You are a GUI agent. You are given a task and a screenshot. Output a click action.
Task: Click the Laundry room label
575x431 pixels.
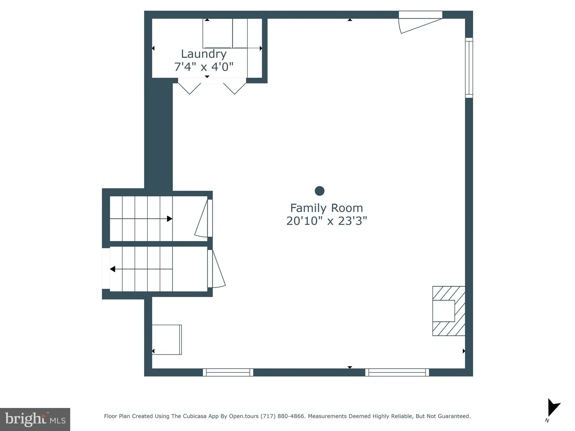[204, 54]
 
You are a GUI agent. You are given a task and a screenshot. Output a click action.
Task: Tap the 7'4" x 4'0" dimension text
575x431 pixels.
[204, 67]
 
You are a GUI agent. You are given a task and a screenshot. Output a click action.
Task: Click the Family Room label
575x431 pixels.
[326, 208]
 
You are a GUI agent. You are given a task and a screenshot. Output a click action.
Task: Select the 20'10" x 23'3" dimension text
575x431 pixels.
[326, 221]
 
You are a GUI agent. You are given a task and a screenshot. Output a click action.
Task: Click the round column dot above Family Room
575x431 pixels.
[320, 191]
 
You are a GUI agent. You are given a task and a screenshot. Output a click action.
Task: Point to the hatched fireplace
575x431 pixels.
[449, 311]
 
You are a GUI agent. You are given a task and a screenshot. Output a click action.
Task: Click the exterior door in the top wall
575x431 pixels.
[420, 22]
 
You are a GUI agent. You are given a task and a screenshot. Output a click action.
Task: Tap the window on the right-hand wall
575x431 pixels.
[469, 68]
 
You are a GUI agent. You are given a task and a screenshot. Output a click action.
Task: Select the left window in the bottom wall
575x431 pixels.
[228, 372]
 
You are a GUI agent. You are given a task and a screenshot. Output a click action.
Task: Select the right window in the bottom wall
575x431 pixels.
[397, 372]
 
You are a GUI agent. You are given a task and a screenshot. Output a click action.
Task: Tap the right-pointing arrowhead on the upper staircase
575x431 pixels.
[170, 219]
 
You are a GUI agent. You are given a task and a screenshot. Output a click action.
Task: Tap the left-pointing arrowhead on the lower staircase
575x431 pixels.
[113, 269]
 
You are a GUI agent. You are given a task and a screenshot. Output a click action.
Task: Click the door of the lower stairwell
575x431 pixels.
[218, 269]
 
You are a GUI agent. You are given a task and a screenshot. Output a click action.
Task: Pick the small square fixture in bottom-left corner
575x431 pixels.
[167, 340]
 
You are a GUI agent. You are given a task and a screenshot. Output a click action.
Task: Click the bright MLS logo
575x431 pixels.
[35, 419]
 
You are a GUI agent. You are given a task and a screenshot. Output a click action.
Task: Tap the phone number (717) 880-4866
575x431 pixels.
[282, 416]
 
